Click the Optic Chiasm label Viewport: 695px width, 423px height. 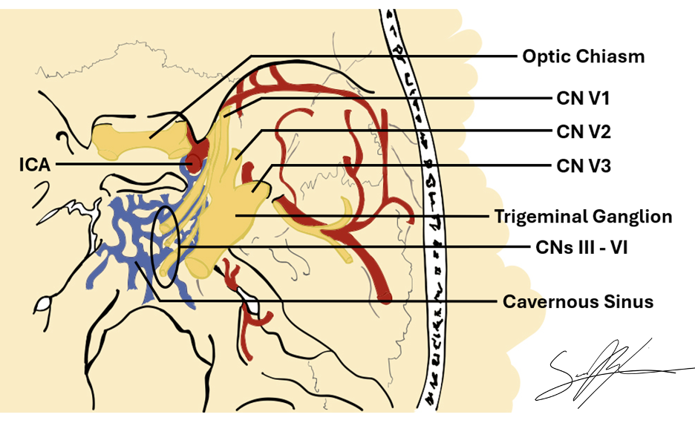(x=583, y=56)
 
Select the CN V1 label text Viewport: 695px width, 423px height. (x=583, y=97)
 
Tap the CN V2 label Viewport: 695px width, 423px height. (x=584, y=132)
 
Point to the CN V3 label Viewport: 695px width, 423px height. (x=584, y=166)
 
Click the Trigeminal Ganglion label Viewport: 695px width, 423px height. (x=583, y=217)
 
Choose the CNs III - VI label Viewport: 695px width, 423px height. (x=582, y=248)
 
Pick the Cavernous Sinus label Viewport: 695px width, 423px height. (x=578, y=302)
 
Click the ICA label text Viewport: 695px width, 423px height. (x=34, y=164)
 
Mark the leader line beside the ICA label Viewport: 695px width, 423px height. (x=119, y=164)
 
